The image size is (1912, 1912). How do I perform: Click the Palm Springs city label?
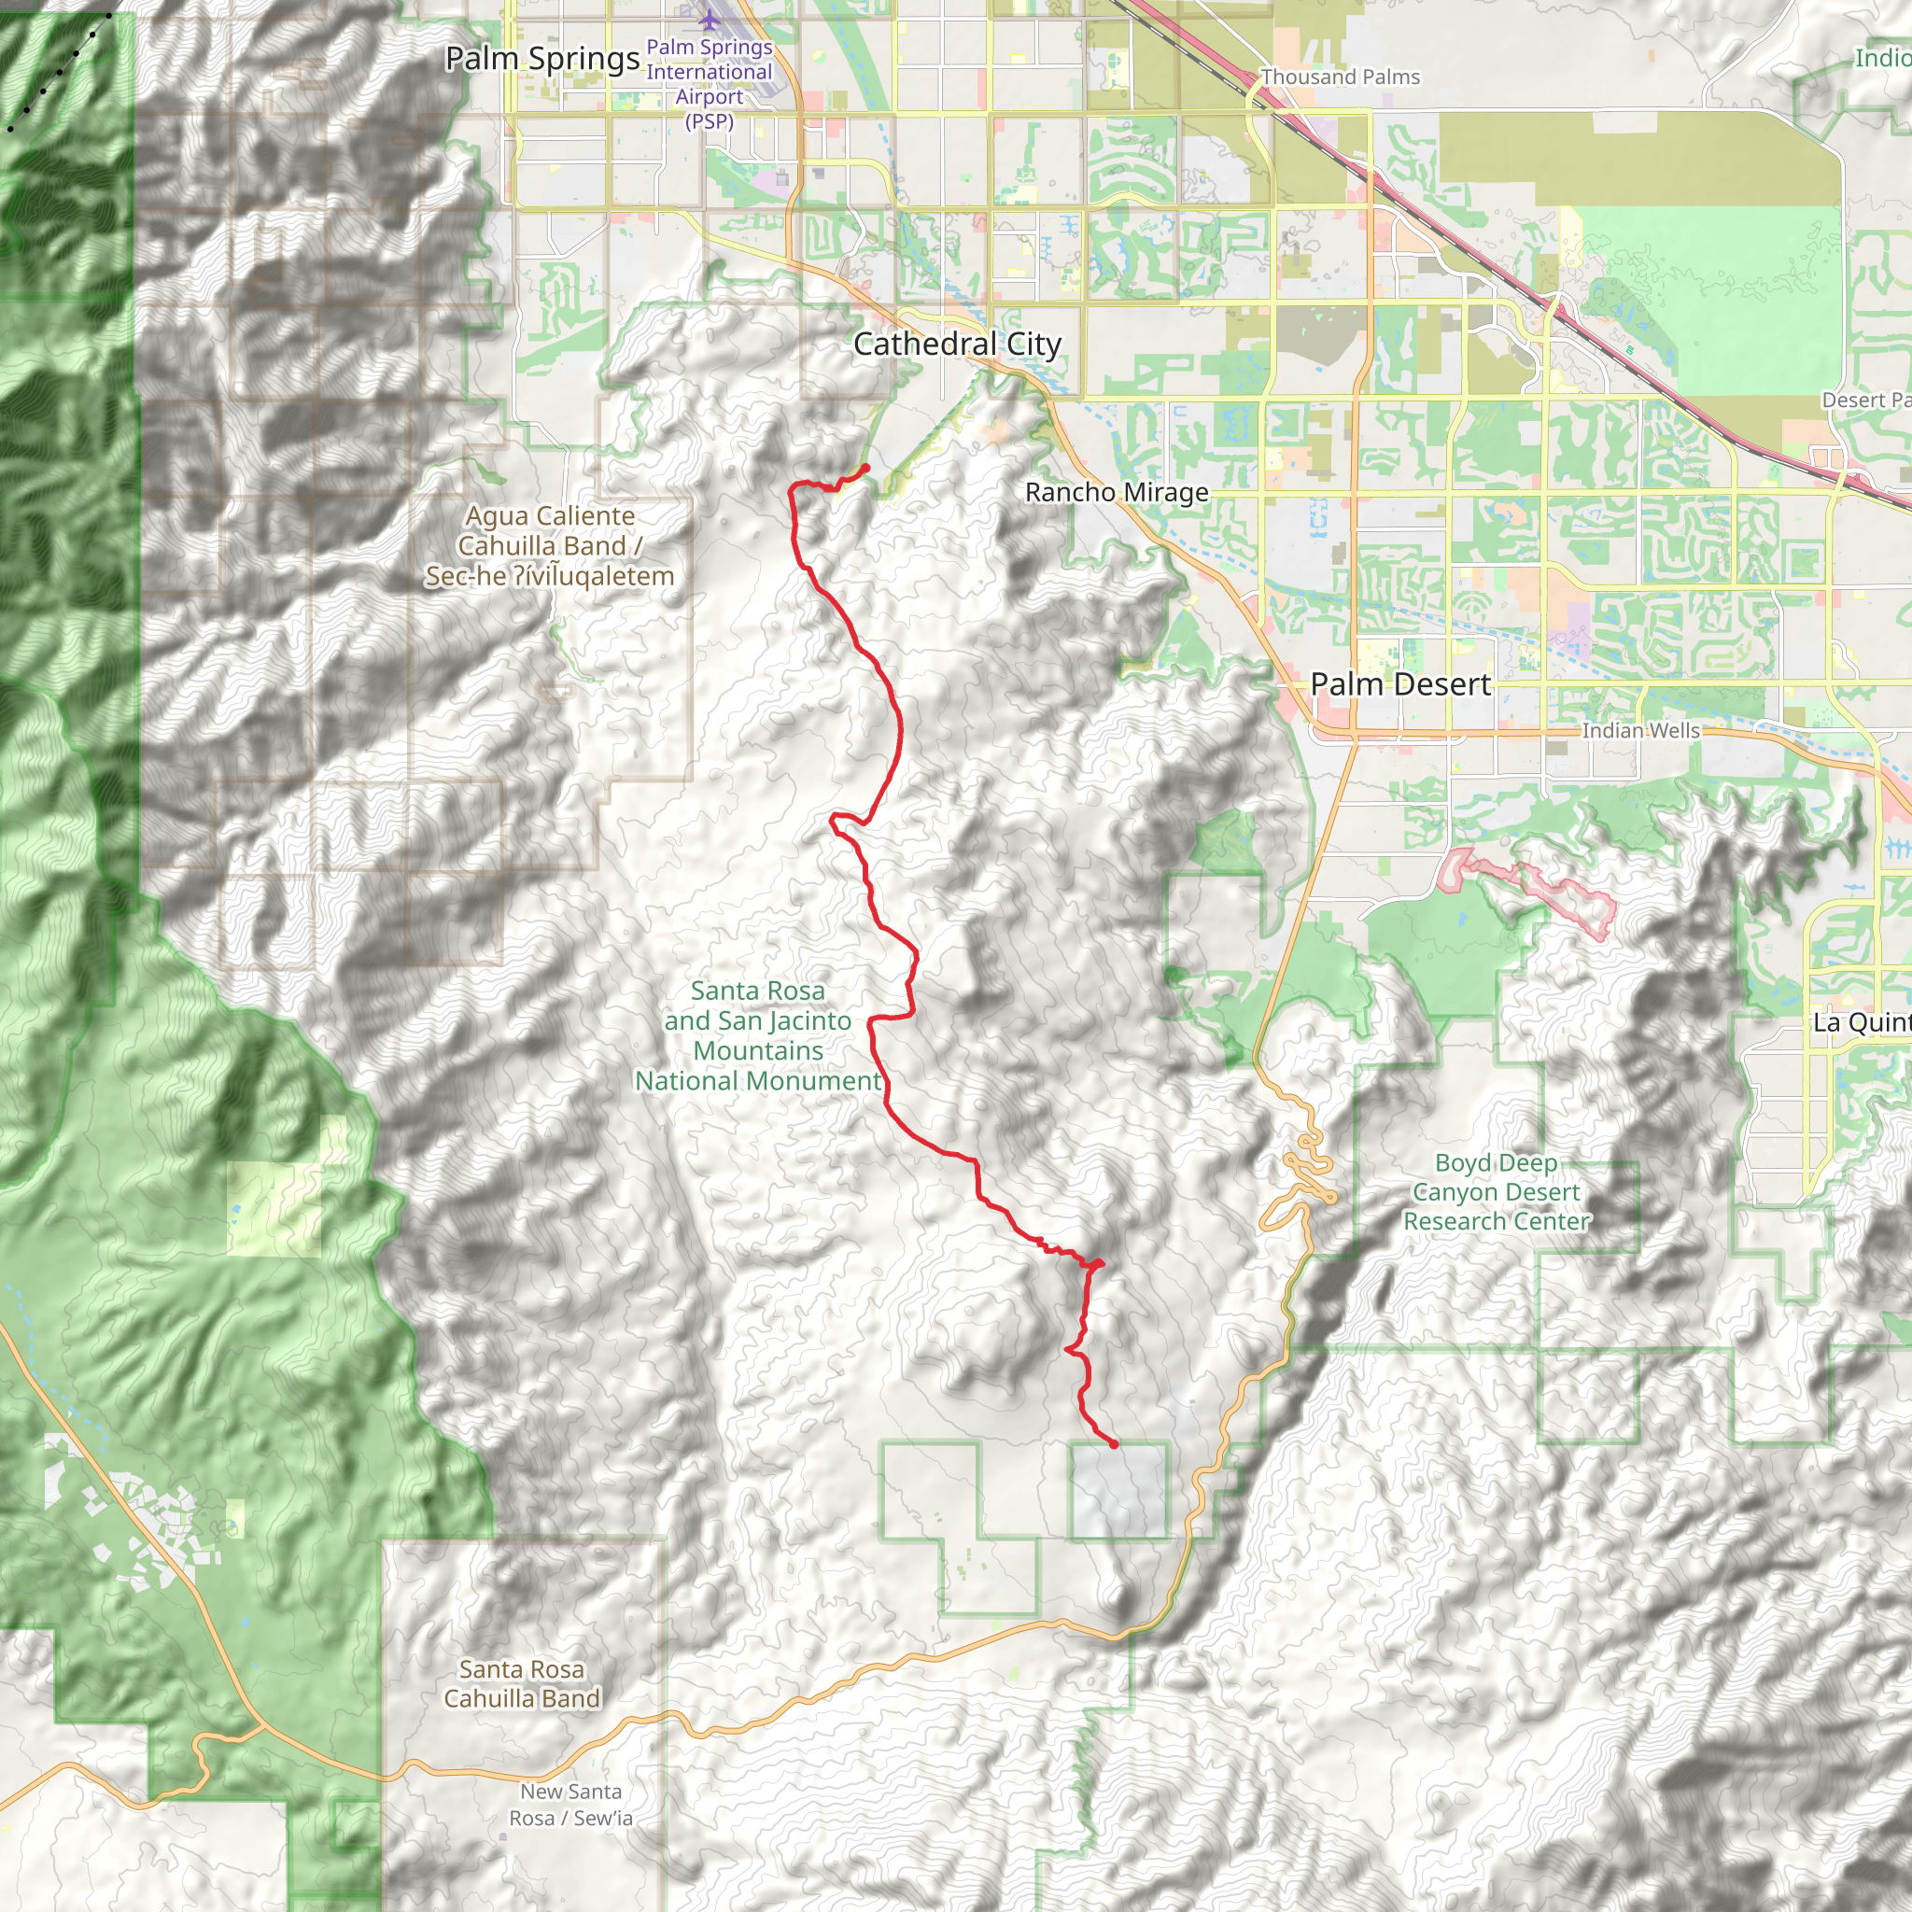coord(541,59)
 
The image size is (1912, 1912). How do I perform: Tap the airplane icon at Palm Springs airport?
coord(709,19)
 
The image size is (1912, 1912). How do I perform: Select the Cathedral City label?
coord(957,344)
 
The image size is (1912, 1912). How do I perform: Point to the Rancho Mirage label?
coord(1117,492)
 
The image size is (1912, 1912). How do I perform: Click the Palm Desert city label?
coord(1399,683)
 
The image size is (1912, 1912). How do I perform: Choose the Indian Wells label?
coord(1639,730)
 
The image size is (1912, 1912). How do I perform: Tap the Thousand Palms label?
coord(1340,77)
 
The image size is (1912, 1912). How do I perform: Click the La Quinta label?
coord(1861,1022)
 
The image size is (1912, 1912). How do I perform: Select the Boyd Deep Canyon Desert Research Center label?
coord(1496,1191)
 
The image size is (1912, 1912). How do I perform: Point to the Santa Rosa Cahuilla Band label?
coord(522,1683)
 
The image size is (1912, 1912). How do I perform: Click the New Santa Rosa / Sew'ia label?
coord(571,1804)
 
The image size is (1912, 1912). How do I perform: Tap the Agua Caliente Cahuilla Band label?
coord(549,545)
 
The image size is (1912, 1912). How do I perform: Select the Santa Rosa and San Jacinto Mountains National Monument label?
coord(758,1035)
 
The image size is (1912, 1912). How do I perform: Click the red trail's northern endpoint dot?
coord(866,467)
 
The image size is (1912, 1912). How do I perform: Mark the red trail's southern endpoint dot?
coord(1114,1444)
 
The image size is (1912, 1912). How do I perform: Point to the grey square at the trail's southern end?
coord(1118,1490)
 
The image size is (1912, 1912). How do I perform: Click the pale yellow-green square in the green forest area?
coord(274,1208)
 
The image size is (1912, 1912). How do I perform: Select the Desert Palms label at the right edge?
coord(1865,400)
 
